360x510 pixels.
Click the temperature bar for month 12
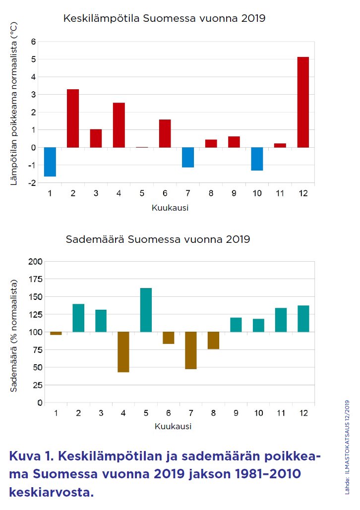302,102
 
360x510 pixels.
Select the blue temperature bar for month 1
50,162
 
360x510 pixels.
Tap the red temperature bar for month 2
73,118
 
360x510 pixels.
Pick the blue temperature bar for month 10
257,159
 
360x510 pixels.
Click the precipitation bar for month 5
146,310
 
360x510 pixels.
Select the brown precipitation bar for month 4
123,352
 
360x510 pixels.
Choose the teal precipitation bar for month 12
303,319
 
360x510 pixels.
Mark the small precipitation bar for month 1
56,334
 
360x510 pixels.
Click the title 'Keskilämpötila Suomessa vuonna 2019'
164,19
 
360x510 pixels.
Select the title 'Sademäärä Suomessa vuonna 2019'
158,239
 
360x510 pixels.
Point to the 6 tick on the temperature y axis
34,42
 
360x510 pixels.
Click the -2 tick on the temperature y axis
32,183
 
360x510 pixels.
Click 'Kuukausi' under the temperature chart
170,208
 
